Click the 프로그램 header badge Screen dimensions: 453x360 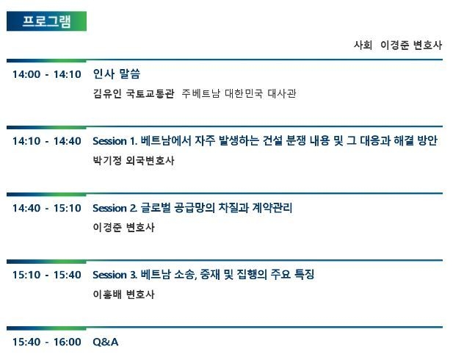click(46, 21)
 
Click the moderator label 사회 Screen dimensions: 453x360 click(363, 45)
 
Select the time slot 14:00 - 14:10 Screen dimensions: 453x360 click(47, 74)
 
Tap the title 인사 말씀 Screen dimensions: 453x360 click(117, 73)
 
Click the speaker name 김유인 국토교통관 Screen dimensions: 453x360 click(134, 94)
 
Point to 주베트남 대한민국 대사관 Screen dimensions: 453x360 click(239, 94)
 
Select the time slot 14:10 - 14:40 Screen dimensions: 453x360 click(47, 141)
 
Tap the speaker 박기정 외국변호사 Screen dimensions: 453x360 click(134, 160)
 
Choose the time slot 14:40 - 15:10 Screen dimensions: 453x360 click(47, 208)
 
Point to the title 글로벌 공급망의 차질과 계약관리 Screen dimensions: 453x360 click(217, 208)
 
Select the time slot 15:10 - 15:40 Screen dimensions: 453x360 click(47, 275)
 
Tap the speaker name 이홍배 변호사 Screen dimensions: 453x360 click(123, 295)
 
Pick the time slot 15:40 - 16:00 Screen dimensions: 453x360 click(47, 342)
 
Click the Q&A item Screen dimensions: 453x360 click(106, 342)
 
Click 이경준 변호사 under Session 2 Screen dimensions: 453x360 click(123, 227)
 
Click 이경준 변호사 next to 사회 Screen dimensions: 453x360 click(411, 45)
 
